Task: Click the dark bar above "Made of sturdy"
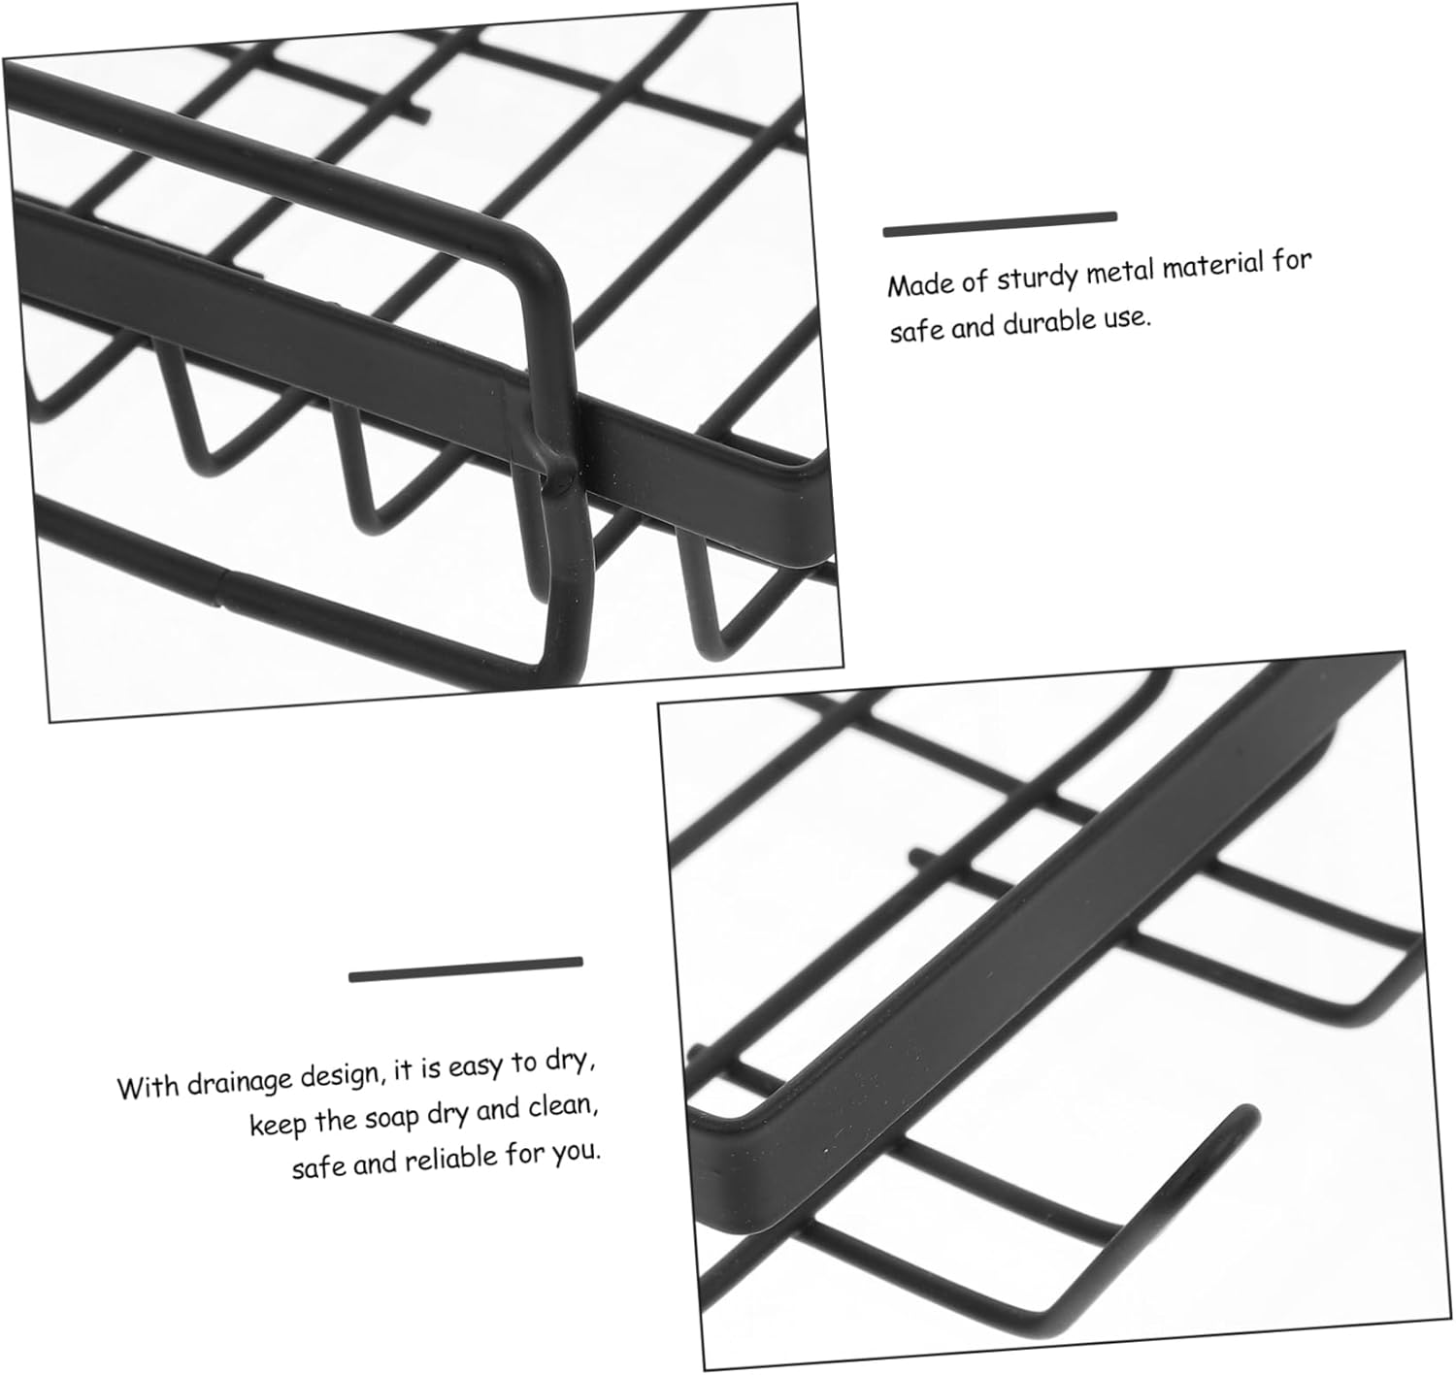1000,224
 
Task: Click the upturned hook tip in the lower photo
1249,1115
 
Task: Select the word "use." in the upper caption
1129,318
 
